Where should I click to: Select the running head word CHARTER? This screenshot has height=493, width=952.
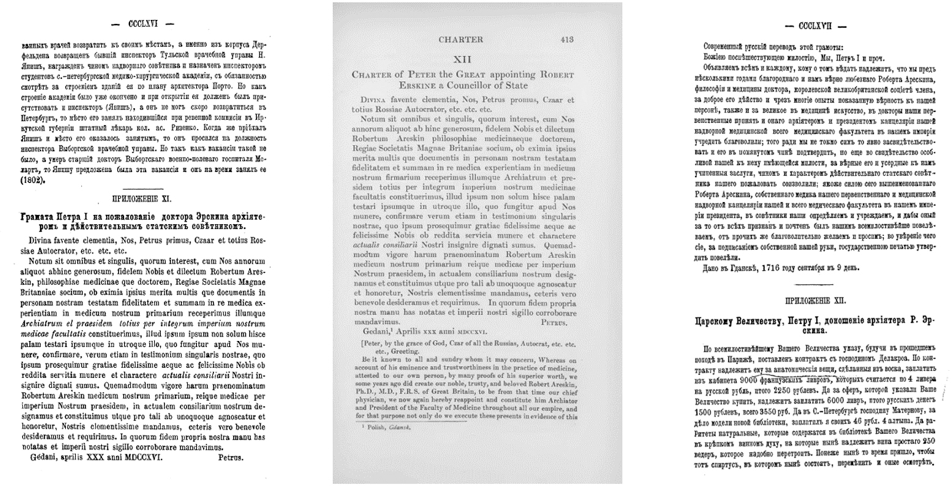461,40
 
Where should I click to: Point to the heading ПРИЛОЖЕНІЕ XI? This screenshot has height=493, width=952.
142,199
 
